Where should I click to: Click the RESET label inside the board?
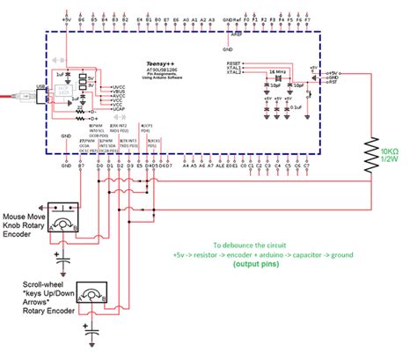click(234, 64)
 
